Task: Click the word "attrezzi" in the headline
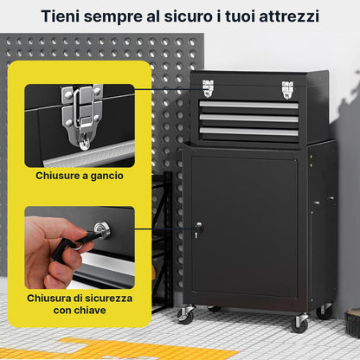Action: pyautogui.click(x=289, y=16)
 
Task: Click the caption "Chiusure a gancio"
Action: pyautogui.click(x=80, y=176)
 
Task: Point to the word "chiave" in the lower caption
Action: pyautogui.click(x=90, y=311)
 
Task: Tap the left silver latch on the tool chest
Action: pyautogui.click(x=208, y=88)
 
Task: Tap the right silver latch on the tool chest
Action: pyautogui.click(x=287, y=90)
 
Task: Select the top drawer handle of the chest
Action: pyautogui.click(x=248, y=105)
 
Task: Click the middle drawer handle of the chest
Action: pyautogui.click(x=248, y=118)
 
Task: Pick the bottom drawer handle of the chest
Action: pyautogui.click(x=248, y=132)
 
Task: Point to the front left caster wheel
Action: pyautogui.click(x=186, y=314)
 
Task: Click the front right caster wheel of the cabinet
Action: pyautogui.click(x=299, y=323)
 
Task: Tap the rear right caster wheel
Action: pyautogui.click(x=325, y=311)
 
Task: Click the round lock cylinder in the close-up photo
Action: pyautogui.click(x=102, y=229)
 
